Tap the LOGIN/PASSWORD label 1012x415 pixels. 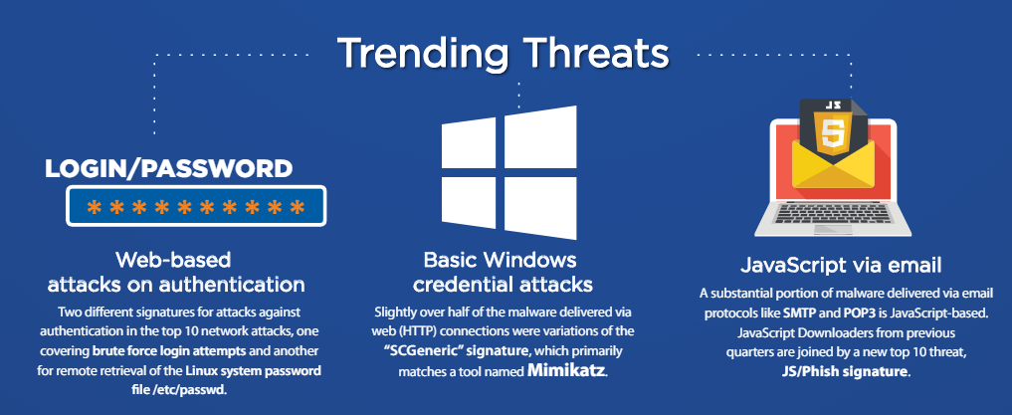pyautogui.click(x=168, y=168)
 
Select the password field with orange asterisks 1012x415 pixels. pyautogui.click(x=196, y=206)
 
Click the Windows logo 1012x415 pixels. pyautogui.click(x=508, y=172)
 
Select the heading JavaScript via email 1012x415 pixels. pyautogui.click(x=841, y=265)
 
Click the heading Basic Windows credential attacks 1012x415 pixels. pyautogui.click(x=503, y=272)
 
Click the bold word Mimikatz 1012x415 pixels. pyautogui.click(x=566, y=371)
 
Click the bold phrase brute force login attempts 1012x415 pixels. pyautogui.click(x=169, y=351)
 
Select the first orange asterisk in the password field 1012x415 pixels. pyautogui.click(x=95, y=207)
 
